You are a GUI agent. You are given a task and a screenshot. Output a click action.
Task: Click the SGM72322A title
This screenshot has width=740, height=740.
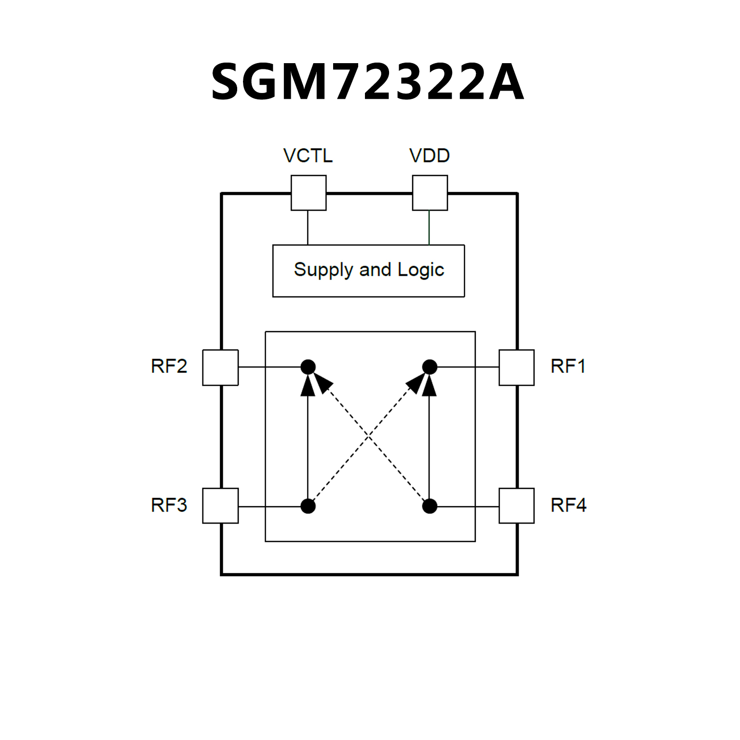click(367, 82)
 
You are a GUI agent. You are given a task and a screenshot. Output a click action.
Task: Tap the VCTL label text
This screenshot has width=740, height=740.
click(308, 156)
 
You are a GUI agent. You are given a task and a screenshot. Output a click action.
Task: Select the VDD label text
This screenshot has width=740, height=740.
click(430, 156)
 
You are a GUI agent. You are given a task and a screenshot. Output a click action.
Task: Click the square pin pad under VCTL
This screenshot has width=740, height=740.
click(309, 193)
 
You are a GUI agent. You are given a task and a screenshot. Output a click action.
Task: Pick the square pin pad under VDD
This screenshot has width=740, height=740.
click(430, 193)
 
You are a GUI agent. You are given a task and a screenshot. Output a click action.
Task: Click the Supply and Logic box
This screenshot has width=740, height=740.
click(369, 270)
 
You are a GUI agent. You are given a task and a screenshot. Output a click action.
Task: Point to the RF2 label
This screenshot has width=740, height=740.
click(169, 366)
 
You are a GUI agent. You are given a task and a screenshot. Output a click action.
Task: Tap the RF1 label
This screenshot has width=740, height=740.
click(568, 366)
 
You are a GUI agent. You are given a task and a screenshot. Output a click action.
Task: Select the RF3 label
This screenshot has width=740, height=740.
click(169, 505)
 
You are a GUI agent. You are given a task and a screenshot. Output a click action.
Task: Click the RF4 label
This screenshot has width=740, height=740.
click(568, 505)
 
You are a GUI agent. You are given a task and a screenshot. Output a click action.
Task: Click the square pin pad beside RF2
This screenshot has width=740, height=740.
click(220, 367)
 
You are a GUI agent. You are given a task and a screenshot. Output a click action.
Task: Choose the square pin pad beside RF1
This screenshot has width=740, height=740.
click(516, 367)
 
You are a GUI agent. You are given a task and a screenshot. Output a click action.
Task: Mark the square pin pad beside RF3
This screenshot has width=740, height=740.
click(220, 506)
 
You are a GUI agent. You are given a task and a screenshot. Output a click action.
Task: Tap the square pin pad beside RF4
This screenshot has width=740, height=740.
click(516, 506)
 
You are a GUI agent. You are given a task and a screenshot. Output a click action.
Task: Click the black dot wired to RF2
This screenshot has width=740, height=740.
click(308, 367)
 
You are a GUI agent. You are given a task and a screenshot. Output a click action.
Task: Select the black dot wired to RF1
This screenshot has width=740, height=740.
click(430, 367)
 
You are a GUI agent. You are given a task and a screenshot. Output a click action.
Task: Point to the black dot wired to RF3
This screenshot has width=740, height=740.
click(308, 506)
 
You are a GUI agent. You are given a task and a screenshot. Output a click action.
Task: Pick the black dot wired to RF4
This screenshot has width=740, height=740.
click(430, 506)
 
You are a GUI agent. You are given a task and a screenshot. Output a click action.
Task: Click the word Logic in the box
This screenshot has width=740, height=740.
click(420, 270)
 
